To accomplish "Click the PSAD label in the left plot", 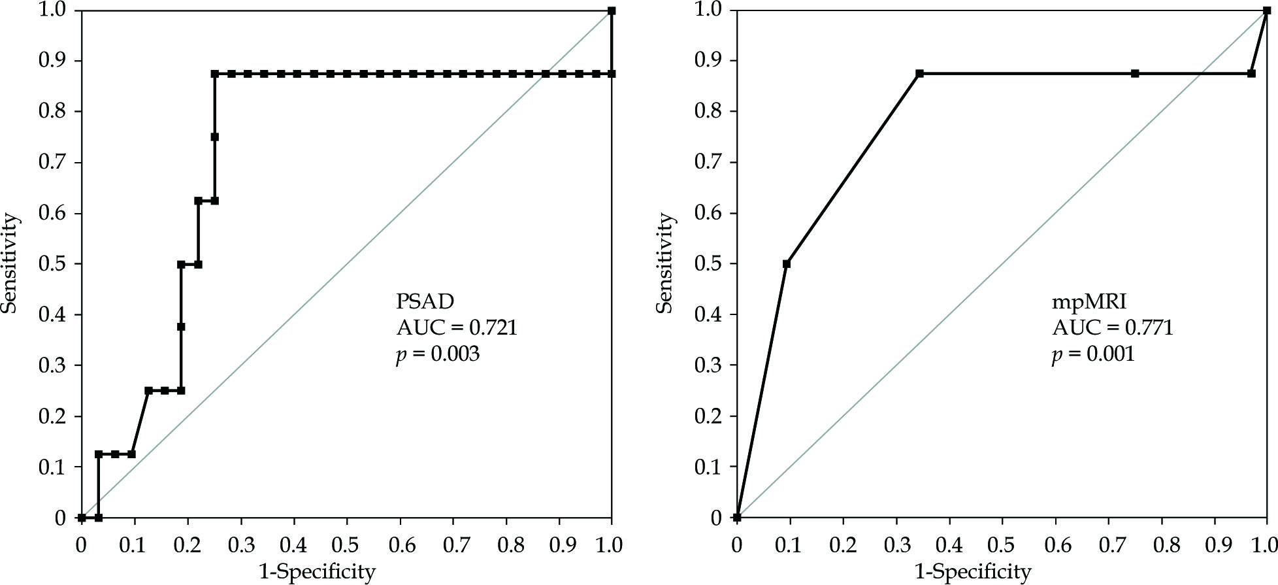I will (x=425, y=301).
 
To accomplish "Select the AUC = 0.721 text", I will (x=457, y=327).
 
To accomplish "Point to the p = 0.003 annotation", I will (x=438, y=354).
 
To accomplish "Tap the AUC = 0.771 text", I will (x=1112, y=327).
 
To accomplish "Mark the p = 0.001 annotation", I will (x=1093, y=354).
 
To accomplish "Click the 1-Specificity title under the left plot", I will (x=318, y=573).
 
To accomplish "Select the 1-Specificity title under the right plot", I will (x=973, y=573).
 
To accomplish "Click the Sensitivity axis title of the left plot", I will (x=9, y=263).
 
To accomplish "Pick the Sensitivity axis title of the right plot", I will (x=664, y=263).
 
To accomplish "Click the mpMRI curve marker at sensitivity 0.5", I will (x=787, y=264).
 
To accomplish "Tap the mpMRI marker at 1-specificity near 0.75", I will (x=1135, y=74).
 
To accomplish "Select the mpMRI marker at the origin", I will (x=737, y=518).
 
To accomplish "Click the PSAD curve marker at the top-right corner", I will (x=612, y=11).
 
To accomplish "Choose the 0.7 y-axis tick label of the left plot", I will (x=52, y=162).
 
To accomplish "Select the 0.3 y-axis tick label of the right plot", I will (x=708, y=365).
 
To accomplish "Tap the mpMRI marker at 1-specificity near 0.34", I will (x=919, y=74).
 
